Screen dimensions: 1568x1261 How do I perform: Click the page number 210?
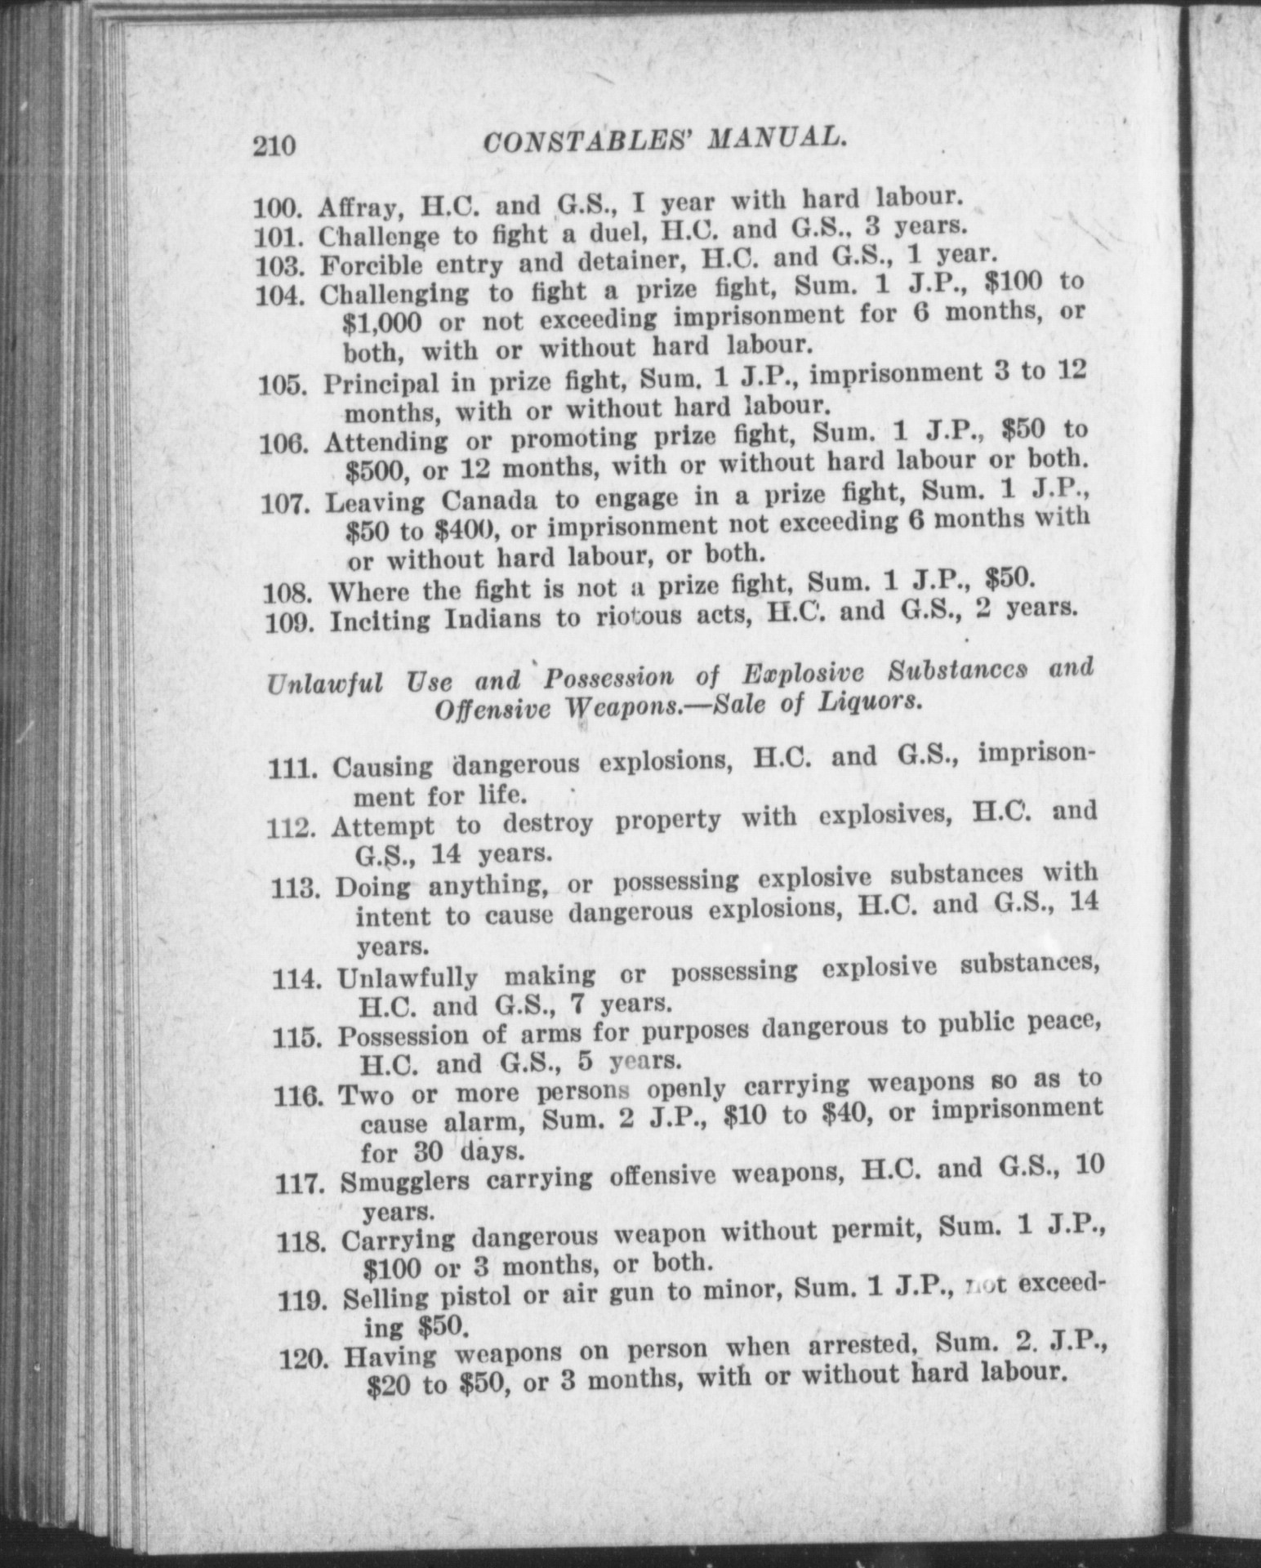pyautogui.click(x=274, y=146)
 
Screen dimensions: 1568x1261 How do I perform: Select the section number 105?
pyautogui.click(x=283, y=384)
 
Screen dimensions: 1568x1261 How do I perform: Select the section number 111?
pyautogui.click(x=293, y=768)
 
